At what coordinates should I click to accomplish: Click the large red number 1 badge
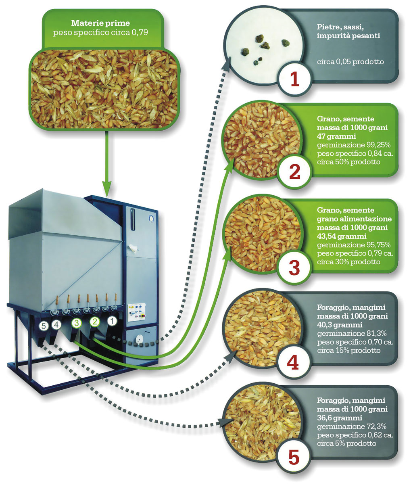pyautogui.click(x=294, y=79)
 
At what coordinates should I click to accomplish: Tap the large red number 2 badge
pyautogui.click(x=295, y=172)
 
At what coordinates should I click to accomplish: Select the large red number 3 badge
pyautogui.click(x=294, y=267)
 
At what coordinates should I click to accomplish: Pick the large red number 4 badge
pyautogui.click(x=293, y=362)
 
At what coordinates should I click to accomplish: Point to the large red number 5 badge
pyautogui.click(x=294, y=458)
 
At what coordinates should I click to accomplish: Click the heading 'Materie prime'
pyautogui.click(x=100, y=23)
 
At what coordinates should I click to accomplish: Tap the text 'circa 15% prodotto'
pyautogui.click(x=348, y=350)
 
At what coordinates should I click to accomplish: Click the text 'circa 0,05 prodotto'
pyautogui.click(x=350, y=62)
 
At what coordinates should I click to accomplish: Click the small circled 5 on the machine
pyautogui.click(x=44, y=325)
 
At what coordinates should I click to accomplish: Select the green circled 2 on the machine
pyautogui.click(x=94, y=322)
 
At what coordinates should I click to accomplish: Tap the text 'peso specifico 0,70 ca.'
pyautogui.click(x=355, y=342)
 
